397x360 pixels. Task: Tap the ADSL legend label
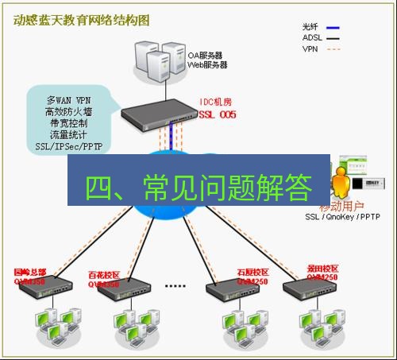[312, 37]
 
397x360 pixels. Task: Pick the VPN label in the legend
[310, 48]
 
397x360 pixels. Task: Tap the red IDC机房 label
[218, 103]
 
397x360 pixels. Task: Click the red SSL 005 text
[218, 114]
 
